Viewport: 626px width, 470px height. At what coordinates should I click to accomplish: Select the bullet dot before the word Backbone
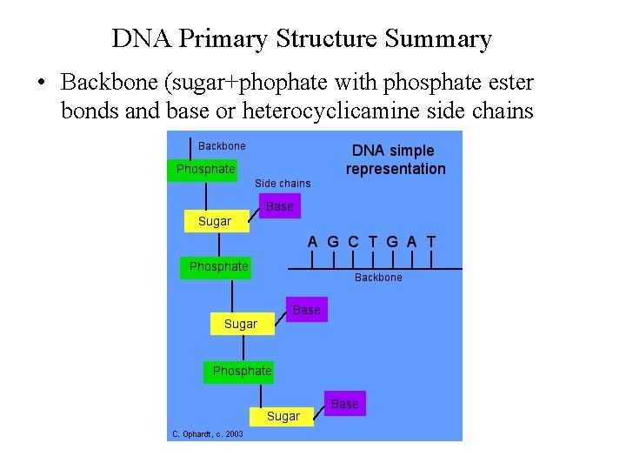[41, 84]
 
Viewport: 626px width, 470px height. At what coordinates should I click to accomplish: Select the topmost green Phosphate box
[205, 169]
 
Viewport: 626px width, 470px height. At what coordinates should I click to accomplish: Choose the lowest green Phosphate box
[242, 371]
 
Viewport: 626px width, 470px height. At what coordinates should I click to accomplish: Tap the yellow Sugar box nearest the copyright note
[283, 416]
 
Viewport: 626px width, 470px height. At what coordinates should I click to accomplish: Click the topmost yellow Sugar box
[215, 221]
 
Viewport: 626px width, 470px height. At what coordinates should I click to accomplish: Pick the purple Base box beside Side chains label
[279, 206]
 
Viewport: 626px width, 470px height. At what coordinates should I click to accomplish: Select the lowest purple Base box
[344, 404]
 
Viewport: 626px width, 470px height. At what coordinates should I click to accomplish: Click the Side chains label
[283, 184]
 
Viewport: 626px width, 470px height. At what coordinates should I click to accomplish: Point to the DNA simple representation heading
[395, 159]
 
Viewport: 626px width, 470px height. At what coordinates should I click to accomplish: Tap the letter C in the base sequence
[353, 242]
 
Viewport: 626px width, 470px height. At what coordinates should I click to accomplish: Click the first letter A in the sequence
[312, 242]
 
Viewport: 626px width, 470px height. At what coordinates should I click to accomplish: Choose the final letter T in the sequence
[431, 242]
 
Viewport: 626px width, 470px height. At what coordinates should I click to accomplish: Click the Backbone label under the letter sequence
[378, 278]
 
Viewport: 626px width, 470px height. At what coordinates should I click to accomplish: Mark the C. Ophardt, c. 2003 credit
[208, 433]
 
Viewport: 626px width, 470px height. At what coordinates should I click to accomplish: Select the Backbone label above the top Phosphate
[222, 146]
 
